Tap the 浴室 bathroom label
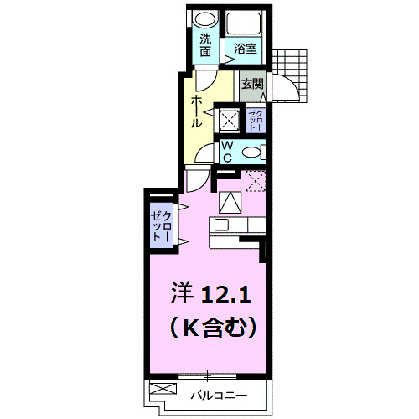pos(245,48)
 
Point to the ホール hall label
pos(196,111)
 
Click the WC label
pos(226,151)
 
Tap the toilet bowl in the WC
pos(255,152)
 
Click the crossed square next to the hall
pos(227,119)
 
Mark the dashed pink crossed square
pos(256,180)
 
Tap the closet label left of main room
pos(162,225)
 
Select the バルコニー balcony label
pos(214,392)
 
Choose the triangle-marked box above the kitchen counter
pos(230,202)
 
